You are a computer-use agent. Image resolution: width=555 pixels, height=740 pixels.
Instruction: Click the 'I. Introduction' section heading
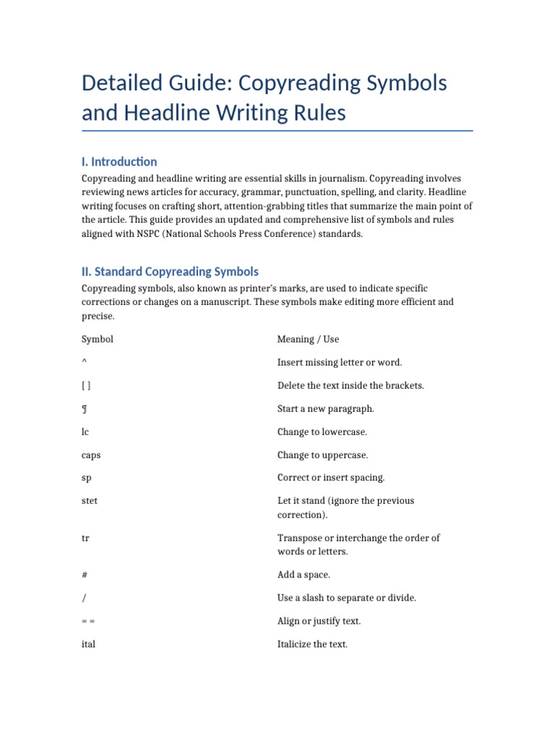(x=119, y=161)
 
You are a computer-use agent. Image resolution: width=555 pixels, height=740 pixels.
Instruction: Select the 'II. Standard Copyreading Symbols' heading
(x=170, y=272)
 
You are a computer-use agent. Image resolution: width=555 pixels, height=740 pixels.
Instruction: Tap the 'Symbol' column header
(x=98, y=339)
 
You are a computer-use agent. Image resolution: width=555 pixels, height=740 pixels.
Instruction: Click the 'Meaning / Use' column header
(x=308, y=339)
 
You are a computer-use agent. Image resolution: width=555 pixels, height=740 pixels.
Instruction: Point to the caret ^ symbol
(x=85, y=363)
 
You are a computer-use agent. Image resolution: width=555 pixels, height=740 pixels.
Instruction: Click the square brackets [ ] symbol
(x=86, y=386)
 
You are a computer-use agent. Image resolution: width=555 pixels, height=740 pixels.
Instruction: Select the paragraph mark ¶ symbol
(x=85, y=409)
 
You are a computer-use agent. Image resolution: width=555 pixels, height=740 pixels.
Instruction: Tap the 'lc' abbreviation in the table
(x=85, y=432)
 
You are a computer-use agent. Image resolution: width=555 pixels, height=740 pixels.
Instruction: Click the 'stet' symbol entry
(x=90, y=501)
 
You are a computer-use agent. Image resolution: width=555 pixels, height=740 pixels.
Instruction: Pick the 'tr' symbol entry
(x=85, y=538)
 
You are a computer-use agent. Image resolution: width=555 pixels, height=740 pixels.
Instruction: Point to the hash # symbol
(x=85, y=575)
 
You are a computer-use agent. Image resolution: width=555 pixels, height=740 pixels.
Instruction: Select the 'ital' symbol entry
(x=88, y=644)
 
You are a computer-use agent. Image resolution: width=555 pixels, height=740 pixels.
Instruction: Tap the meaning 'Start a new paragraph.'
(x=326, y=409)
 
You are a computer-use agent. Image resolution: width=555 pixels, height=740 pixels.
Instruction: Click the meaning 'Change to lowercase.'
(x=322, y=432)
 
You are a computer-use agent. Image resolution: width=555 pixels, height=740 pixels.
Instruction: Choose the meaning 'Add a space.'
(x=304, y=575)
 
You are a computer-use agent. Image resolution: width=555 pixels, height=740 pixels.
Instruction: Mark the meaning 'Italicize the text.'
(x=312, y=644)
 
